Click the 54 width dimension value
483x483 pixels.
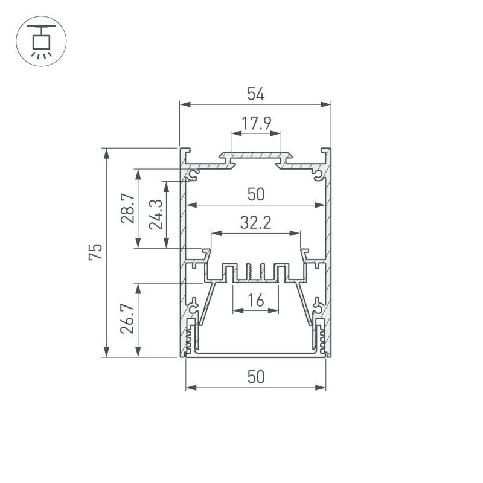point(255,94)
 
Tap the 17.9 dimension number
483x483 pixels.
point(256,123)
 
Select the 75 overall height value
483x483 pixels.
point(95,252)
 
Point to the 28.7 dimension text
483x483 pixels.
point(128,208)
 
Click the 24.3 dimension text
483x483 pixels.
point(156,214)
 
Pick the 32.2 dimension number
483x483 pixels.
point(255,223)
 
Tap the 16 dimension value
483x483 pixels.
point(255,300)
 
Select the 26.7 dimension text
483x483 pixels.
point(127,319)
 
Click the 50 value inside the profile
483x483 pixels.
point(255,194)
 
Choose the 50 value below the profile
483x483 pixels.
point(255,377)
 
